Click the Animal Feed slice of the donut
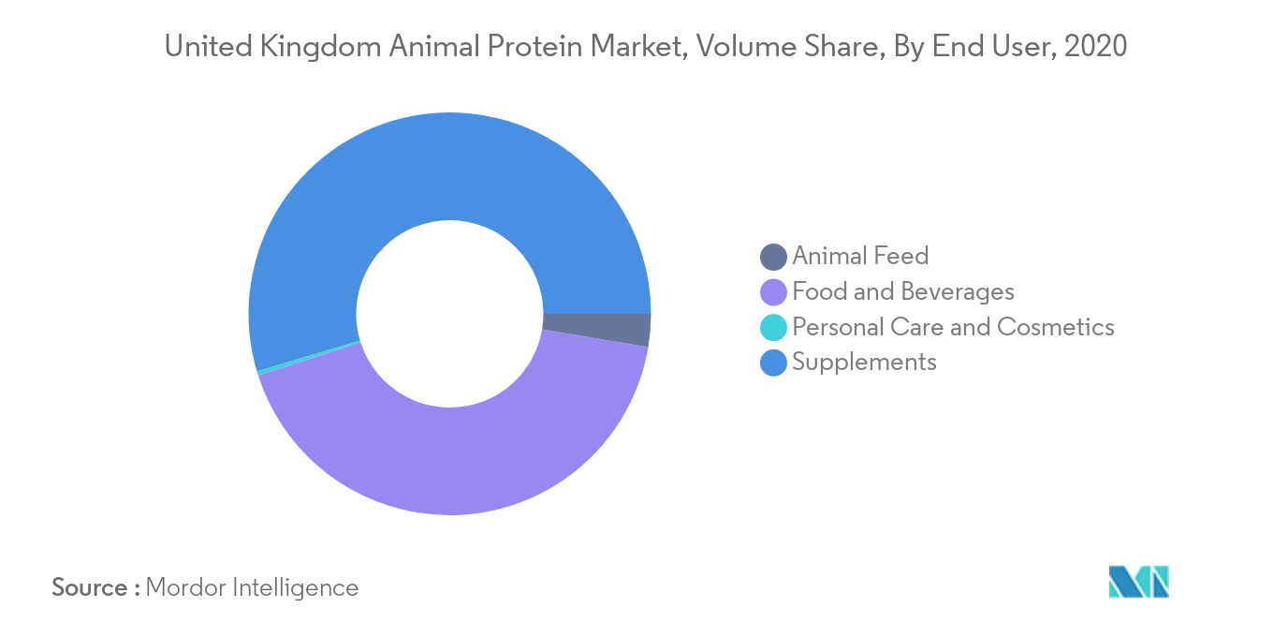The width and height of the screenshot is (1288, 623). point(597,329)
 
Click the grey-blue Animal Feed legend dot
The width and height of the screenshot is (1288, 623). point(773,257)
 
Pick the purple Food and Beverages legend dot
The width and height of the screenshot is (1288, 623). point(773,292)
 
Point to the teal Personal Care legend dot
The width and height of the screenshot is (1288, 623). point(773,327)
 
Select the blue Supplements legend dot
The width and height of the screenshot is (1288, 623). point(773,363)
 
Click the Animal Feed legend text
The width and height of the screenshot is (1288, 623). point(860,256)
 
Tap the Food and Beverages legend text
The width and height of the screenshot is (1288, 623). point(902,291)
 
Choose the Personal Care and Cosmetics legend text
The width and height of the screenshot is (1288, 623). point(953,327)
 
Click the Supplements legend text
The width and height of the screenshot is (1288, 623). point(864,363)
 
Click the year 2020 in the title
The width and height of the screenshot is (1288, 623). point(1095,46)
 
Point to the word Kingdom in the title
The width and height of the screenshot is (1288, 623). point(320,47)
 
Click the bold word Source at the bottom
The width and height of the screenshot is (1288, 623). point(90,587)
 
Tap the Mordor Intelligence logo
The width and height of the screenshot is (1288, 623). point(1139,582)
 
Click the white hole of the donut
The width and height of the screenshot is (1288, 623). point(449,314)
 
